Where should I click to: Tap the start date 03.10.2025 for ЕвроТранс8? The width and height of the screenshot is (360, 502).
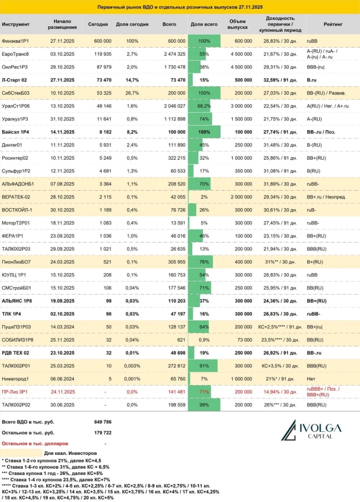[62, 54]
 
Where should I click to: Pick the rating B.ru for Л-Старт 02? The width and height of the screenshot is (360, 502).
[313, 79]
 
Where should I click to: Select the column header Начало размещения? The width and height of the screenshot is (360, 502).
[62, 24]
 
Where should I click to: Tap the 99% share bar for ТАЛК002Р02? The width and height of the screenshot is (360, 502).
[204, 405]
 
